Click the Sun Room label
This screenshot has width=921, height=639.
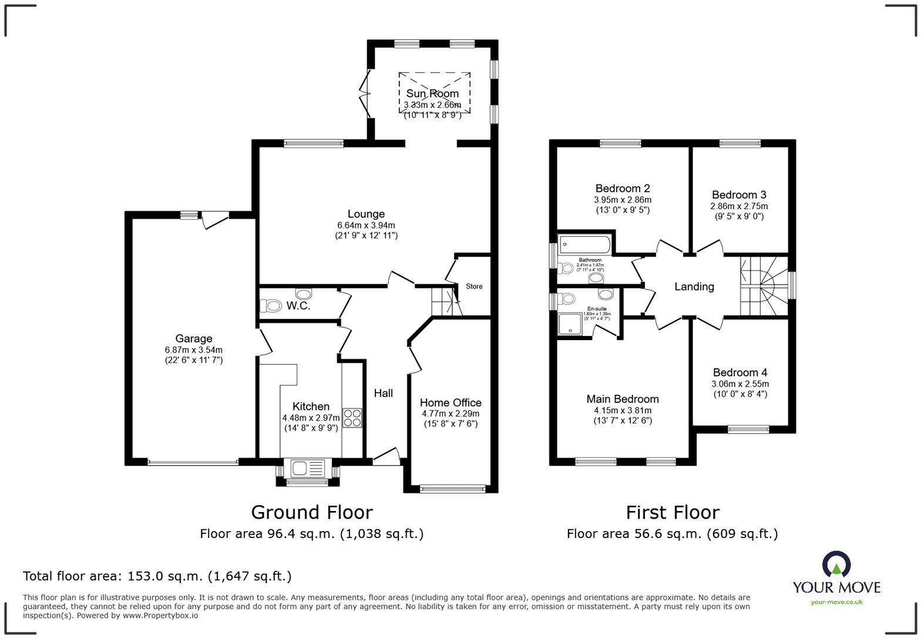[432, 93]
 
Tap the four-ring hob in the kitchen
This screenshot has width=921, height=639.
[352, 418]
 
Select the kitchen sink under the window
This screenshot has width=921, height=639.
[307, 468]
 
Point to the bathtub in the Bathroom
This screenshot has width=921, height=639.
[585, 244]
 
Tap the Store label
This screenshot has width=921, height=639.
[474, 287]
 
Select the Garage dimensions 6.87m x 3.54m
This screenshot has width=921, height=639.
[193, 350]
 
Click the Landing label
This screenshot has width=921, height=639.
[694, 287]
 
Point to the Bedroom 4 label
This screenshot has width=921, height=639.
[740, 372]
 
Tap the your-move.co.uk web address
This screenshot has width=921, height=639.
[836, 601]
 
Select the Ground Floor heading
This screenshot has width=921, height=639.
[311, 512]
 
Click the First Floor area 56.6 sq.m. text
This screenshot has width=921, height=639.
[672, 534]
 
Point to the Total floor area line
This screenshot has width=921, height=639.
[157, 576]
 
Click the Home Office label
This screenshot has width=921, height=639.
[451, 402]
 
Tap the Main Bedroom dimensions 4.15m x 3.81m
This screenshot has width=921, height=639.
[622, 411]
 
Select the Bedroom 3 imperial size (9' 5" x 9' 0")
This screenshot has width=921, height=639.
[739, 216]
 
